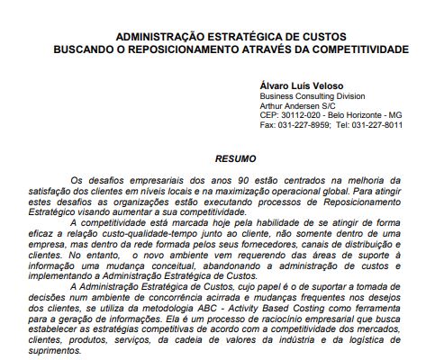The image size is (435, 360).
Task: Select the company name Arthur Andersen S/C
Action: pos(298,105)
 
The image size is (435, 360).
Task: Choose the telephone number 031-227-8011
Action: pos(376,125)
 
